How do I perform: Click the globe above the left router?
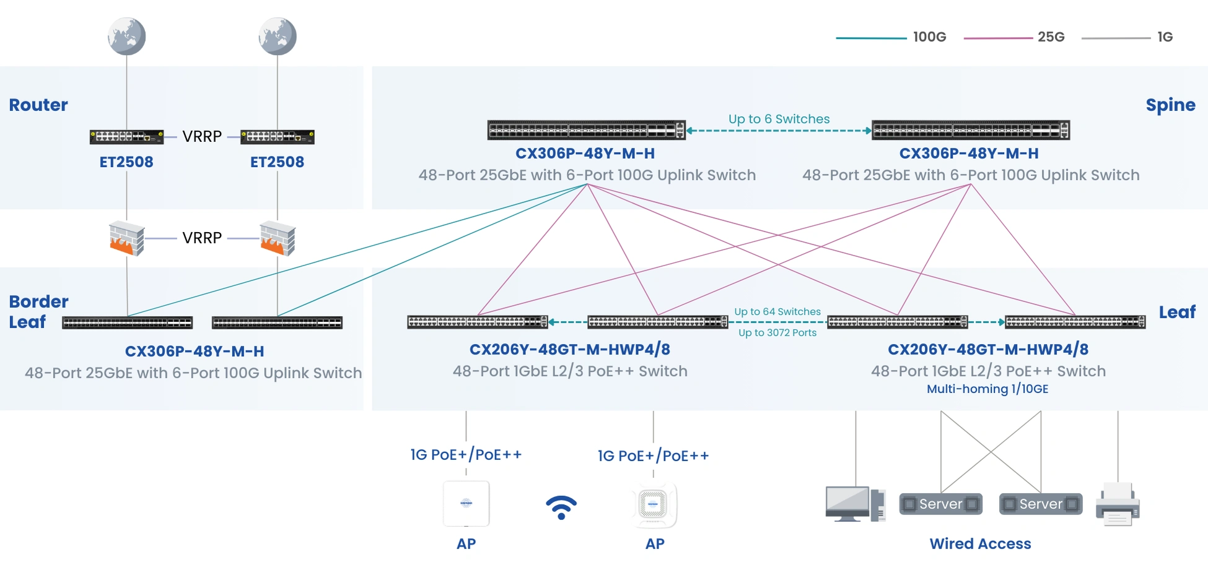[126, 36]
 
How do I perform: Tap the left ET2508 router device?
[126, 137]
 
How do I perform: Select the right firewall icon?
[278, 238]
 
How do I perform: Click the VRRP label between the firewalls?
[202, 238]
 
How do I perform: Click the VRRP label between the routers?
[202, 137]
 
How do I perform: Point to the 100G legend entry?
[929, 37]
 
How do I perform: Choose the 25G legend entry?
[1051, 37]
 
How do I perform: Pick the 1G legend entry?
[1165, 37]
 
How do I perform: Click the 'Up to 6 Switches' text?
[779, 119]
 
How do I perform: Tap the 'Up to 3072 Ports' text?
[777, 333]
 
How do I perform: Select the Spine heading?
[1170, 105]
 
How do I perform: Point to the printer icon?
[1118, 504]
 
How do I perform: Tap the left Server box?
[940, 504]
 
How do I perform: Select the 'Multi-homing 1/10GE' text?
[987, 389]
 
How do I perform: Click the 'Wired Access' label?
[980, 544]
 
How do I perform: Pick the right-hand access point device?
[654, 504]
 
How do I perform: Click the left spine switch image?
[586, 130]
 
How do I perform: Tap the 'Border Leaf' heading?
[38, 311]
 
